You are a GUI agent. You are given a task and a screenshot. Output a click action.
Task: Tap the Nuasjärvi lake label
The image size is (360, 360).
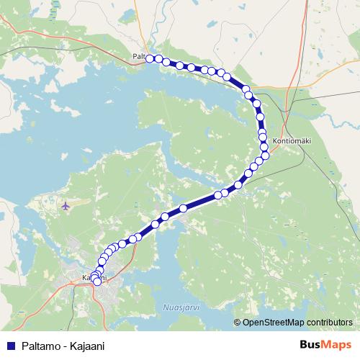point(184,305)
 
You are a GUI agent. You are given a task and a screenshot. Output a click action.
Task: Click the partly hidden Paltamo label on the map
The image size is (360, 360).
point(138,55)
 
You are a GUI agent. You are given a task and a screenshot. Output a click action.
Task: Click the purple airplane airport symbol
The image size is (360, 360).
point(66,206)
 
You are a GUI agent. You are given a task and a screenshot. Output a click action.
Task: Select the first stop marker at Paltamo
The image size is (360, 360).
point(150,58)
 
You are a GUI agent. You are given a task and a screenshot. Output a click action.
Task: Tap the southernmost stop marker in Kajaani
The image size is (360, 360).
point(97,282)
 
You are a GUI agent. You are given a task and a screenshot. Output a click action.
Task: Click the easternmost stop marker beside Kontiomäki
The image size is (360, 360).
point(266,155)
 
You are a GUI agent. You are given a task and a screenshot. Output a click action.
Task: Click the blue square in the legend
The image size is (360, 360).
point(11,346)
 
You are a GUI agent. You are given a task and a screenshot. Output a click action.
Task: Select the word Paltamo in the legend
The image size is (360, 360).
point(42,346)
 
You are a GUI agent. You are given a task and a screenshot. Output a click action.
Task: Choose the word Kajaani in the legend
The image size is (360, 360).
point(88,346)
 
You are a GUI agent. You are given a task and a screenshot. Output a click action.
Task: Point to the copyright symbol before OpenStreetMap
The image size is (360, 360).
point(238,322)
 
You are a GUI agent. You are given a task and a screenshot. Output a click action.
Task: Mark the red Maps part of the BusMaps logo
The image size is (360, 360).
point(337,345)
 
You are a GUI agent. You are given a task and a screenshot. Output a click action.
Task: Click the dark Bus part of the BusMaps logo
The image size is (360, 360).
point(310,345)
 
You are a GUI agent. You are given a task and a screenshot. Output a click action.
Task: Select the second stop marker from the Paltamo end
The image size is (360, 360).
point(158,59)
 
